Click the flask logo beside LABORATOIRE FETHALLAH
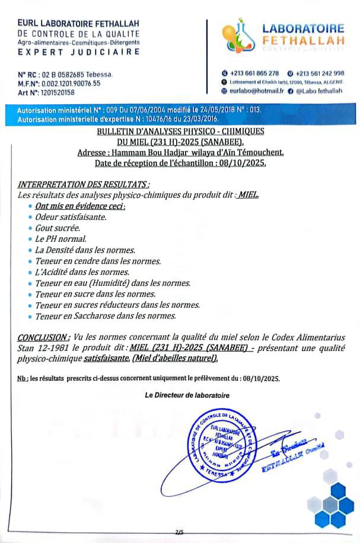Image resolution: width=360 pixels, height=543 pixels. pos(239,36)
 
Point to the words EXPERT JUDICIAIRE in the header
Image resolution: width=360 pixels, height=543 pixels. pos(79,52)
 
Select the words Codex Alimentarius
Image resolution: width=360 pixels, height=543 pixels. pos(303,336)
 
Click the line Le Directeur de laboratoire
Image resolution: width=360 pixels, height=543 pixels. pos(187,395)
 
